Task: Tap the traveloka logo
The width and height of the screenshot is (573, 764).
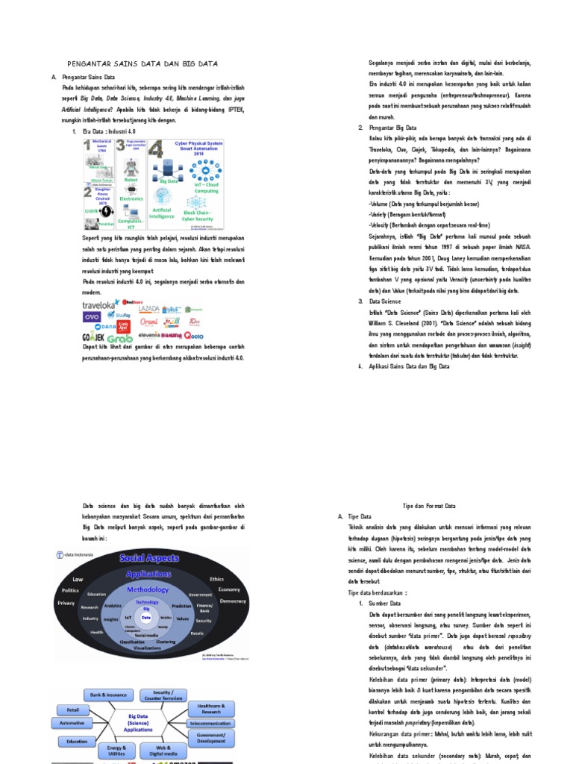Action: point(99,305)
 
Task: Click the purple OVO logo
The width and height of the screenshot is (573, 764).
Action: point(93,317)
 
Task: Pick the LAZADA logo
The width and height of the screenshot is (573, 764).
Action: point(148,307)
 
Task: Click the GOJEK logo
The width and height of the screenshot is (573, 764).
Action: point(93,336)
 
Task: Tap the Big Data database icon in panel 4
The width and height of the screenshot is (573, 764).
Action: point(167,168)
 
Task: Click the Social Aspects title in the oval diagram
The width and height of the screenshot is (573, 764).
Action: point(148,558)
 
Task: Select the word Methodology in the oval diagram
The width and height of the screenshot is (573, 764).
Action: point(147,589)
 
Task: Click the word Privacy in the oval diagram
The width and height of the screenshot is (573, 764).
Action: point(66,602)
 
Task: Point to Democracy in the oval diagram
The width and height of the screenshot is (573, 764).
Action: point(234,601)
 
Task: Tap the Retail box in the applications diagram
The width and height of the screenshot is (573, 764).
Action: point(73,710)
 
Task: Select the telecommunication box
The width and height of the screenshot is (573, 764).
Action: point(210,723)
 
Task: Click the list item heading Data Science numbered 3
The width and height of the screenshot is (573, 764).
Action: point(386,301)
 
